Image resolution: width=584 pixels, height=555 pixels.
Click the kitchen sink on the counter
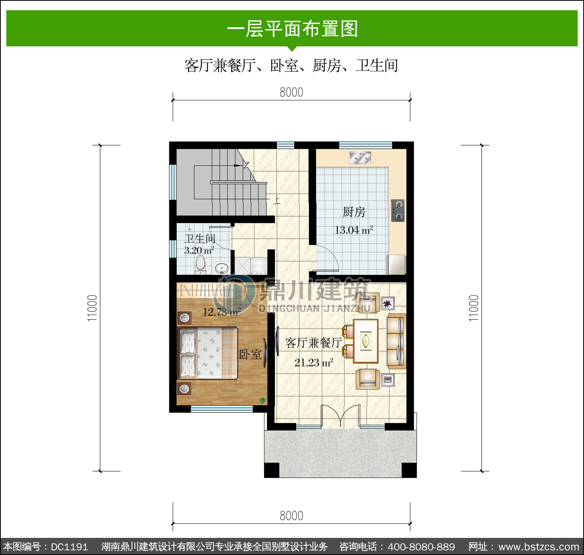click(x=360, y=158)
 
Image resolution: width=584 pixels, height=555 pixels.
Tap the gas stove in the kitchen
click(x=398, y=211)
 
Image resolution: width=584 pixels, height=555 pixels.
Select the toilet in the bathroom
click(x=201, y=264)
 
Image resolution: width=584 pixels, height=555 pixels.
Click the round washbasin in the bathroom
click(x=221, y=268)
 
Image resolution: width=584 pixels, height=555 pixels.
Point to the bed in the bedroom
click(x=208, y=353)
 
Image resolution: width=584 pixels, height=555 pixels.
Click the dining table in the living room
click(x=366, y=341)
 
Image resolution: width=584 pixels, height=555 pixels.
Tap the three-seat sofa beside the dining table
click(x=397, y=341)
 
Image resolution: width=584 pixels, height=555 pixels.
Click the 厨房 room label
click(x=354, y=212)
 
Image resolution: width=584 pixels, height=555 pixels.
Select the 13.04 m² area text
click(x=354, y=230)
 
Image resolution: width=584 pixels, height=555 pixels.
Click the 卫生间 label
click(x=200, y=239)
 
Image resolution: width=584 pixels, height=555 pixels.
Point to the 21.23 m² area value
click(x=314, y=363)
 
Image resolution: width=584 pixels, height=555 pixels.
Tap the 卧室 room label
click(x=250, y=354)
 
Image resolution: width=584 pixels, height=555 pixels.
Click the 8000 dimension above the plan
click(x=291, y=92)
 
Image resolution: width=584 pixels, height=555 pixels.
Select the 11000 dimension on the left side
click(x=92, y=308)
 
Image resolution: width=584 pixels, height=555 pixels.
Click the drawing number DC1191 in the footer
click(x=70, y=547)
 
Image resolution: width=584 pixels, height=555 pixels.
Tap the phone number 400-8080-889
click(x=421, y=547)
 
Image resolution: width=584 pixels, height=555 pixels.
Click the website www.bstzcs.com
click(x=538, y=547)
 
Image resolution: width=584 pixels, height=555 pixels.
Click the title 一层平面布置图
click(x=292, y=29)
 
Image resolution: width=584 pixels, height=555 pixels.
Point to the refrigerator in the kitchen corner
click(x=396, y=264)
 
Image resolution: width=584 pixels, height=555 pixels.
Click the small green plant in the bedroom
click(x=262, y=400)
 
